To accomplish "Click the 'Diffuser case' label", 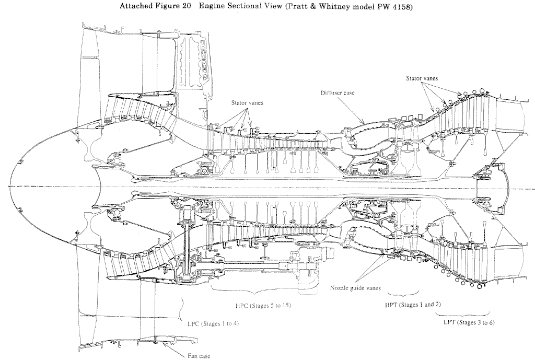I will [x=338, y=93].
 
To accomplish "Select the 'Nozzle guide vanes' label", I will [x=355, y=288].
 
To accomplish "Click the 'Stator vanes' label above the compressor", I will [x=247, y=103].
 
